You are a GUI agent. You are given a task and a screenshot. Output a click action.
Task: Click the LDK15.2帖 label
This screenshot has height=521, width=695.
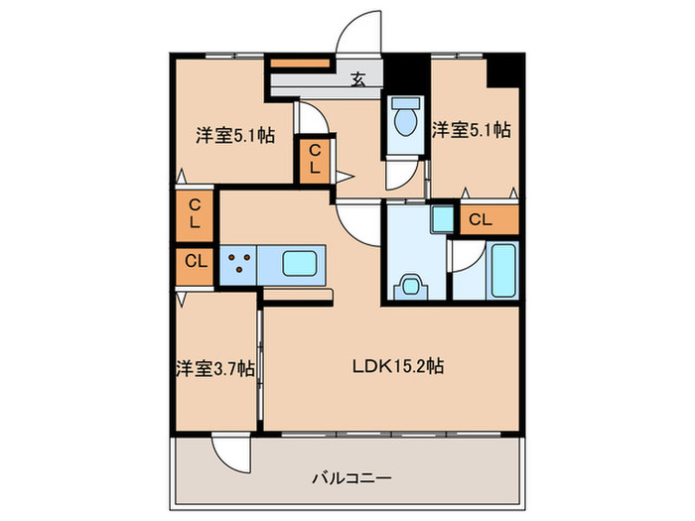coord(397,365)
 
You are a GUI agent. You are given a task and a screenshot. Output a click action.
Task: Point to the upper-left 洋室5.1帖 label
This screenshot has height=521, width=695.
coord(234,135)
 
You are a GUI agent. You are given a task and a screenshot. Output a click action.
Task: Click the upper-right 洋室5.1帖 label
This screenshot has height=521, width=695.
coord(471,129)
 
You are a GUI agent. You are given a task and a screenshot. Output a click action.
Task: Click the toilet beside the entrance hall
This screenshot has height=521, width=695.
coord(404,121)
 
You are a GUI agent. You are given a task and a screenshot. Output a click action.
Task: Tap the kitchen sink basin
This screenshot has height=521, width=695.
coord(302,264)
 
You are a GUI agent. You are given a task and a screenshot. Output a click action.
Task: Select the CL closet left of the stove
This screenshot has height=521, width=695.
coord(196,263)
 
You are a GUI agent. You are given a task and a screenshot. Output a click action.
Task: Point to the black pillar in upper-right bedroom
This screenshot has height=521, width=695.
coord(504,69)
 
